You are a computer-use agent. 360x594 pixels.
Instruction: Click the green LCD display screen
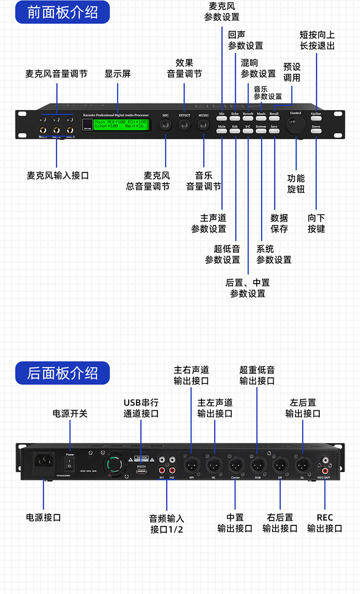[121, 124]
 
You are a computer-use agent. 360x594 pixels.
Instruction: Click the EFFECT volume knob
[184, 125]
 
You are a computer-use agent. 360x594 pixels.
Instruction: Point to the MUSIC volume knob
[204, 125]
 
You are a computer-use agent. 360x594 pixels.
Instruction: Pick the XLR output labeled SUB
[257, 465]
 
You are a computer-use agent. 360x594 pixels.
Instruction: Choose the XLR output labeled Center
[235, 465]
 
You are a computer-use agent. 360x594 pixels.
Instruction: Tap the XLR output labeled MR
[192, 465]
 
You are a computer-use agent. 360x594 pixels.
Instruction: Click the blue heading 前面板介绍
[62, 12]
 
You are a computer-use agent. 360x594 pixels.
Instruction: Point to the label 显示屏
[118, 74]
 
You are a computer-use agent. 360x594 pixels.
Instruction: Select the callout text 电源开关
[70, 413]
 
